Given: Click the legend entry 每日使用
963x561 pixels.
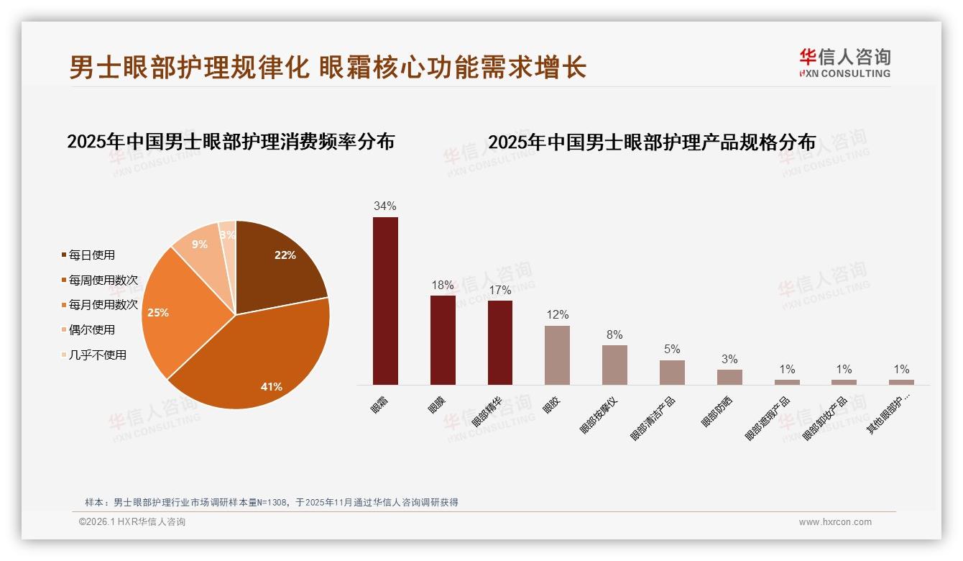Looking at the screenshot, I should point(91,255).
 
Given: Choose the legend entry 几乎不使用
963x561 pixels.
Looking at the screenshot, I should point(97,355).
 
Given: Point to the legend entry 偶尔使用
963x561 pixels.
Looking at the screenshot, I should point(91,330).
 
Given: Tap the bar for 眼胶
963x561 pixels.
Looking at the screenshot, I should point(557,355).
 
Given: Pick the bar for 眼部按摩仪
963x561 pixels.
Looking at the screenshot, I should point(614,365).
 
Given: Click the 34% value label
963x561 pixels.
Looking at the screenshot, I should point(385,206).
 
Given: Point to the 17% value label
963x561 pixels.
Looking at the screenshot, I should point(499,291).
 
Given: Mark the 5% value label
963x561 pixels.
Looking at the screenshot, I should point(672,350).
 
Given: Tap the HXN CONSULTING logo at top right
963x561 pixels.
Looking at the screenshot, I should point(844,63).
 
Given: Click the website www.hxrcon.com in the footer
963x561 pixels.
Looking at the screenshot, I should point(835,522).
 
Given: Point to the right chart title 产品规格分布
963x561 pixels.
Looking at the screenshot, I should point(652,142).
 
